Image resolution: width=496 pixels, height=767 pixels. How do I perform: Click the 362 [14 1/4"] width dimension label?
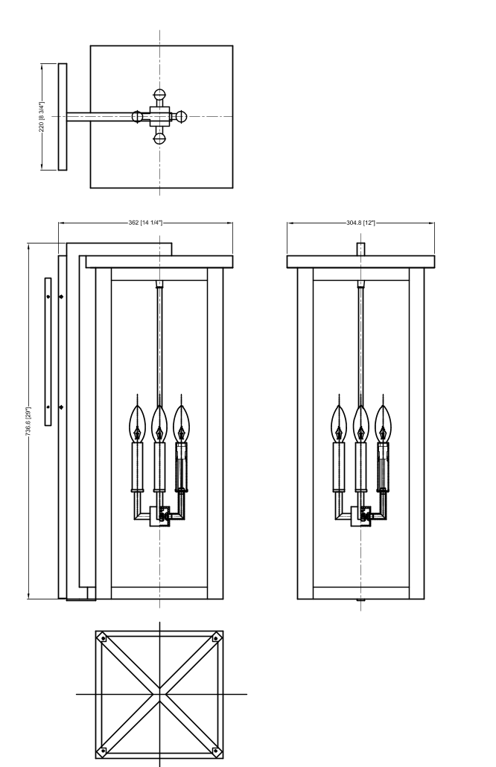[145, 223]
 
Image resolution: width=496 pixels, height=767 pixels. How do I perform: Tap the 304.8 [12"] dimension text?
[360, 223]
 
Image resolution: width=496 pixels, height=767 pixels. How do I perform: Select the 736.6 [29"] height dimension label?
[28, 421]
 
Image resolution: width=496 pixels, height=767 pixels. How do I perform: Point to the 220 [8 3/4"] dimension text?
[42, 116]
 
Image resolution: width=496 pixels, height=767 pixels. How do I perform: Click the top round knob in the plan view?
[159, 95]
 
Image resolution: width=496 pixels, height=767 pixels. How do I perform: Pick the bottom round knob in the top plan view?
[159, 139]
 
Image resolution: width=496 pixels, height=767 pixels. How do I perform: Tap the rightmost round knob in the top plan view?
[181, 116]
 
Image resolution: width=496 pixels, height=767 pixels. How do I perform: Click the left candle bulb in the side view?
[138, 424]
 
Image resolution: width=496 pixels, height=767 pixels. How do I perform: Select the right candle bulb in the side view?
[182, 424]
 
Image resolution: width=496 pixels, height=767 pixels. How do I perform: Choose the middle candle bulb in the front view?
[361, 424]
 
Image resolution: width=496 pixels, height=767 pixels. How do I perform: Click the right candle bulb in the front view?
[383, 424]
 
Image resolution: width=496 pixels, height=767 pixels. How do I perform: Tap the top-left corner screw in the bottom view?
[103, 638]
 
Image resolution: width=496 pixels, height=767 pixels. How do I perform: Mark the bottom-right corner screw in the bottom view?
[216, 751]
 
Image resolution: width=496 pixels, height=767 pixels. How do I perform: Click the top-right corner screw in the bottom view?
[216, 638]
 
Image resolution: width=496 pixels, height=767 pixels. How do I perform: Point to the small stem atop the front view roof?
[361, 249]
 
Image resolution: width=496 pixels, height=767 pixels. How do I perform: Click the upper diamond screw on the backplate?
[61, 297]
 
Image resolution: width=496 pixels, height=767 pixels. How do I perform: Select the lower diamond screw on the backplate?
[61, 407]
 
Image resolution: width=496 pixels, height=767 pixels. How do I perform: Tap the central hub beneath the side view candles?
[160, 516]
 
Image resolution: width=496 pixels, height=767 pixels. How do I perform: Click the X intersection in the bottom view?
[159, 694]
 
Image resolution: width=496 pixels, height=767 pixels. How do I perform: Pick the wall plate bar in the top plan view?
[63, 116]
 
